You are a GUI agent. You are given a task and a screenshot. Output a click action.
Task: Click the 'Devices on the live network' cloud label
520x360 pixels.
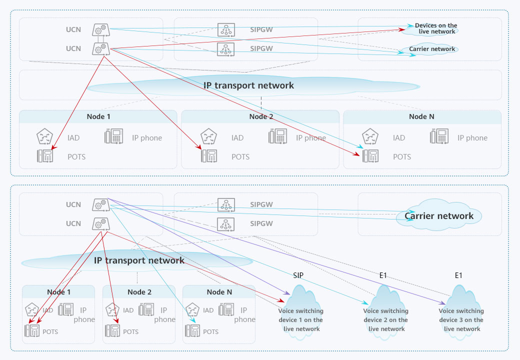435,28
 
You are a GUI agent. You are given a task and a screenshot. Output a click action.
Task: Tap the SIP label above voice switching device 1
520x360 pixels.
298,275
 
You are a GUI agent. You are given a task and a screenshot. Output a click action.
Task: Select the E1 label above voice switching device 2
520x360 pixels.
383,275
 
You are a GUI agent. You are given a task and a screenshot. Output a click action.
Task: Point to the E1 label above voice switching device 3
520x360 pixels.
458,275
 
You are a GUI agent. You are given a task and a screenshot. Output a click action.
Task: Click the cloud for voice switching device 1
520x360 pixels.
300,312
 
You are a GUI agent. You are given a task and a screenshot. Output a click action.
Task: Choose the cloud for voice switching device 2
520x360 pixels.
385,312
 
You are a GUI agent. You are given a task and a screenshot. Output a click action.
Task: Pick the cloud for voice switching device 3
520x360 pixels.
461,312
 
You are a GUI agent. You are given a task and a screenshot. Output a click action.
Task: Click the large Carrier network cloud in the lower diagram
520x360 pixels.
438,216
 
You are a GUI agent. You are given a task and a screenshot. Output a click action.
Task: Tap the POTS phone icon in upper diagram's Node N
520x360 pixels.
370,156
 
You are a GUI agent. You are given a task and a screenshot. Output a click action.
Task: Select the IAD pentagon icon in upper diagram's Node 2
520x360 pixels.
208,137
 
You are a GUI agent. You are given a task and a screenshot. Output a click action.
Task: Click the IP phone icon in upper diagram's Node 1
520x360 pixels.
113,136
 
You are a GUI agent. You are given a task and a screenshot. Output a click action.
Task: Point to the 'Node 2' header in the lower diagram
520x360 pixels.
139,292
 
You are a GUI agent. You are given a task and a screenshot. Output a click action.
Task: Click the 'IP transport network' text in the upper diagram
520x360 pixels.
248,85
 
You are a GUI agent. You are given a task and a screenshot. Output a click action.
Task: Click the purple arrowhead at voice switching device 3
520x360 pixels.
443,303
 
